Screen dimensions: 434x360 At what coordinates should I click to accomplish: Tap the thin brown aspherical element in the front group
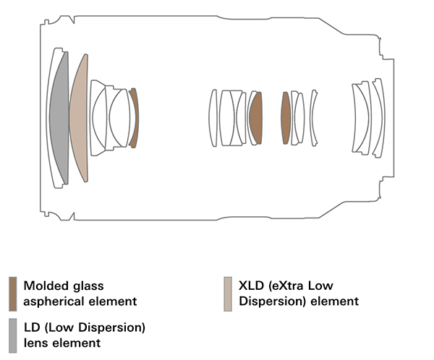(135, 118)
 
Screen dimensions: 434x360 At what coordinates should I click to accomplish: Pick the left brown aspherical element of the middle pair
(256, 118)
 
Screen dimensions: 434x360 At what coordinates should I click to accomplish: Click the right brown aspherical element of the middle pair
(286, 118)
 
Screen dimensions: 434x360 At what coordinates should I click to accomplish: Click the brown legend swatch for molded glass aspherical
(13, 294)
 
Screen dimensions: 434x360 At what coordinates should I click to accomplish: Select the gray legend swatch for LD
(13, 335)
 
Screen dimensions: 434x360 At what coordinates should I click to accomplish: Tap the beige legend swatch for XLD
(228, 294)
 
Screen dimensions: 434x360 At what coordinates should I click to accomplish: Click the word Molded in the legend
(46, 286)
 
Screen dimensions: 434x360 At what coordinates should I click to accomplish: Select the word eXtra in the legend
(286, 286)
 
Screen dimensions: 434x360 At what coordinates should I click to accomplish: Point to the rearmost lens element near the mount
(378, 118)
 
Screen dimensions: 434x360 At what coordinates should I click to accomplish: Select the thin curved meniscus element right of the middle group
(313, 118)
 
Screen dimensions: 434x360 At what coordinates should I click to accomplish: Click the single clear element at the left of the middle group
(213, 118)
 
